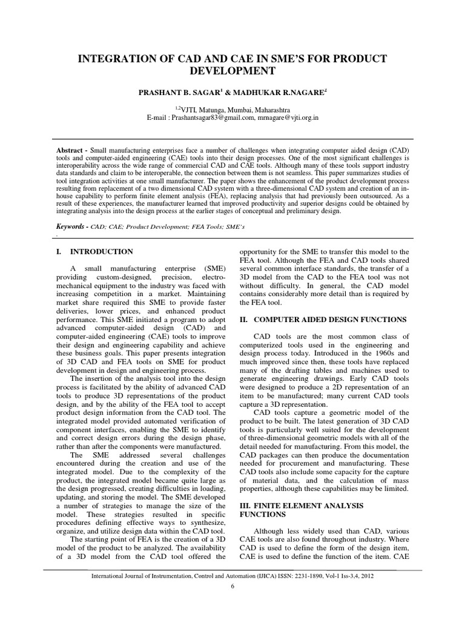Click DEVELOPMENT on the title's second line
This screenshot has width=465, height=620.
click(232, 71)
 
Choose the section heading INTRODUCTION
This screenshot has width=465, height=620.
click(102, 251)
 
